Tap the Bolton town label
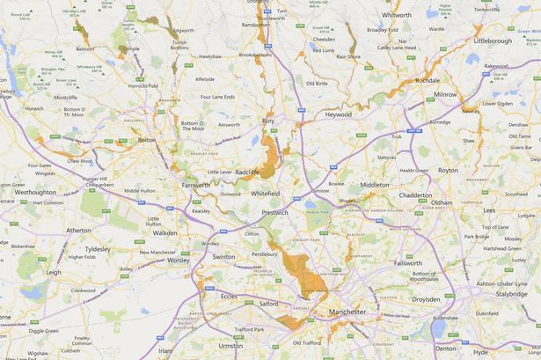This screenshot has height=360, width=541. (x=147, y=140)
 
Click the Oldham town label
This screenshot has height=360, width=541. (x=441, y=202)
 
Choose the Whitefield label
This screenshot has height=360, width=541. (x=266, y=192)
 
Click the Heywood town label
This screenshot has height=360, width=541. (x=337, y=114)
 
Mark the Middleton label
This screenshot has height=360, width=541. (x=374, y=185)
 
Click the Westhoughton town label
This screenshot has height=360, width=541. (x=35, y=191)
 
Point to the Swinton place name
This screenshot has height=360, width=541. (x=223, y=256)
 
